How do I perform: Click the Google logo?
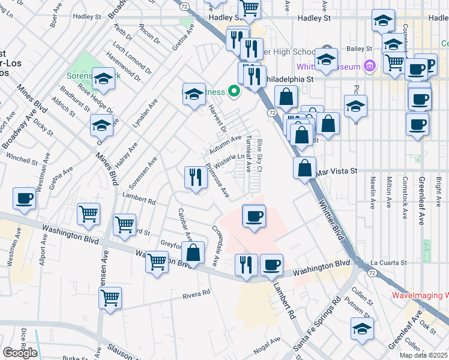pyautogui.click(x=19, y=353)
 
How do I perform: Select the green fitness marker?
pyautogui.click(x=234, y=92)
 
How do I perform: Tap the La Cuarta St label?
pyautogui.click(x=388, y=262)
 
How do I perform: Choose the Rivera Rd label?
pyautogui.click(x=197, y=293)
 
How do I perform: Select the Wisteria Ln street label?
pyautogui.click(x=230, y=160)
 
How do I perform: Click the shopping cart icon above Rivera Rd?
pyautogui.click(x=110, y=297)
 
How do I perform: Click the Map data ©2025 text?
pyautogui.click(x=423, y=355)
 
